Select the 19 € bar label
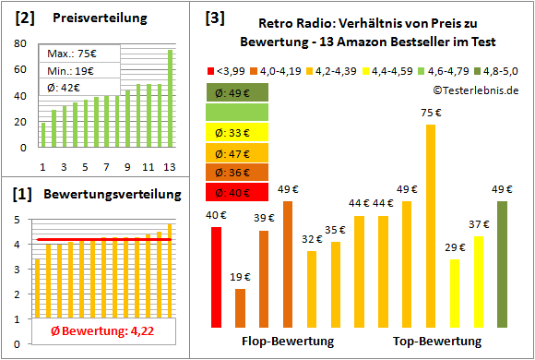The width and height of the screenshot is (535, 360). point(240,276)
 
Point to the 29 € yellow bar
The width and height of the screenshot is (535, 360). point(455,287)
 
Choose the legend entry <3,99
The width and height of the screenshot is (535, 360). point(229,70)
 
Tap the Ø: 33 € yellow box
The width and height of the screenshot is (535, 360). point(238,132)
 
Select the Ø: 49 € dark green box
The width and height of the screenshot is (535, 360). point(238,91)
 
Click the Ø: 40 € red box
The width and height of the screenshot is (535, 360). point(238,193)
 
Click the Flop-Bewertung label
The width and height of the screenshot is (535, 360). point(287,342)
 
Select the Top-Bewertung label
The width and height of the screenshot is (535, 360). point(437,342)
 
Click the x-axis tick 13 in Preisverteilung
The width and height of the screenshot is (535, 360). point(170,167)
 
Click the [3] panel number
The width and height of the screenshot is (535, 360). point(214,18)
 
